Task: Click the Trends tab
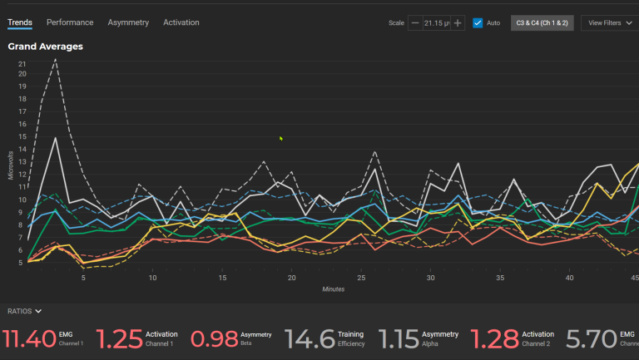(20, 22)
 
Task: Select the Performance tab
(70, 22)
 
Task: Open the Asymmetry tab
(128, 22)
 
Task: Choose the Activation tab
(181, 22)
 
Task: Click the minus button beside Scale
(415, 23)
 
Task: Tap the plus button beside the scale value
(458, 23)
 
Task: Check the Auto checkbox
(478, 23)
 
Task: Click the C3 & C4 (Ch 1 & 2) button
(542, 23)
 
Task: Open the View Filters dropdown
(608, 23)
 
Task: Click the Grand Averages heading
(45, 47)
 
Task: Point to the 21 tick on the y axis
(22, 64)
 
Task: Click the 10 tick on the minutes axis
(152, 279)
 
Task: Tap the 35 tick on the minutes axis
(500, 279)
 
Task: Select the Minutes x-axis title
(334, 289)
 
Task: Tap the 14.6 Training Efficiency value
(310, 338)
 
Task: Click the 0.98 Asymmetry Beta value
(214, 338)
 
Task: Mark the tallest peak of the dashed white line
(56, 59)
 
